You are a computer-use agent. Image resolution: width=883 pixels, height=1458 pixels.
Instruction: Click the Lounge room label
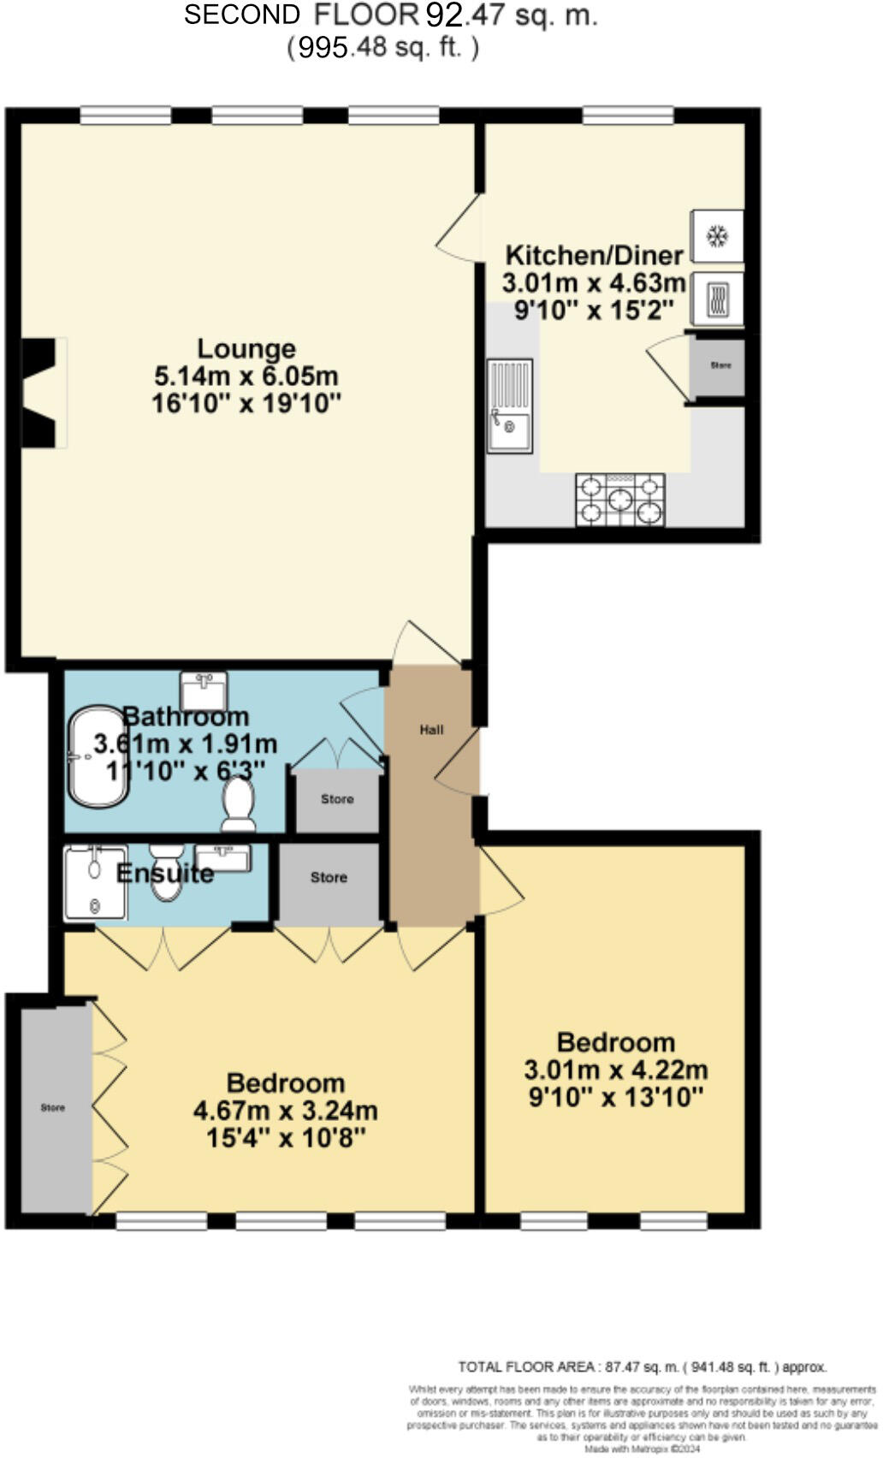point(246,348)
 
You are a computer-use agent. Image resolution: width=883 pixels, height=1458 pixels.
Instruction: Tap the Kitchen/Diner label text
point(594,255)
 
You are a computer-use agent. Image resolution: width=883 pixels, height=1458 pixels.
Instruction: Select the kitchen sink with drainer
point(509,406)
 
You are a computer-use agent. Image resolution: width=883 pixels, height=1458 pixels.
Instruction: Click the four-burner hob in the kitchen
point(620,500)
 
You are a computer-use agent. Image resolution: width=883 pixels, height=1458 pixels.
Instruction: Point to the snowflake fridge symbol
point(717,235)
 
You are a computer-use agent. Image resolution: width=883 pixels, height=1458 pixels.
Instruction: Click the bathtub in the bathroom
point(97,756)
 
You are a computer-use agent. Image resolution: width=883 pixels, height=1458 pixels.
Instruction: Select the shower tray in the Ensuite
point(95,882)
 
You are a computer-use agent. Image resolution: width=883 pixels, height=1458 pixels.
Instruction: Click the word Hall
point(431,730)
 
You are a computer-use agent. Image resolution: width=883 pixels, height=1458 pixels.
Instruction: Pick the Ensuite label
point(164,874)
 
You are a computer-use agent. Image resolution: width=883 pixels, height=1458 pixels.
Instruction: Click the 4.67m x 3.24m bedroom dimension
point(286,1111)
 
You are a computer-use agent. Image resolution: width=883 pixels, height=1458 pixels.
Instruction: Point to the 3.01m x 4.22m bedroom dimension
point(616,1070)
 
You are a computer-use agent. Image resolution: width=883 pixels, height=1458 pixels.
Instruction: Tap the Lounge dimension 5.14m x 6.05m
point(246,376)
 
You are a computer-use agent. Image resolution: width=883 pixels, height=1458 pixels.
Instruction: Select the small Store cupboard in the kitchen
point(720,366)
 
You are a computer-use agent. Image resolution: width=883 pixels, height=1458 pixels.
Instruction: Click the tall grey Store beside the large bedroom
point(54,1108)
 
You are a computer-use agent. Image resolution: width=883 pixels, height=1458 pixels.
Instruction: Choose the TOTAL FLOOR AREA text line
point(642,1367)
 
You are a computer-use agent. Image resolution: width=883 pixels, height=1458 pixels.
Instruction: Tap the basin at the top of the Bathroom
point(204,690)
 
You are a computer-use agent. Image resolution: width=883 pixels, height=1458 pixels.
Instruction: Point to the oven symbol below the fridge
point(717,299)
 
